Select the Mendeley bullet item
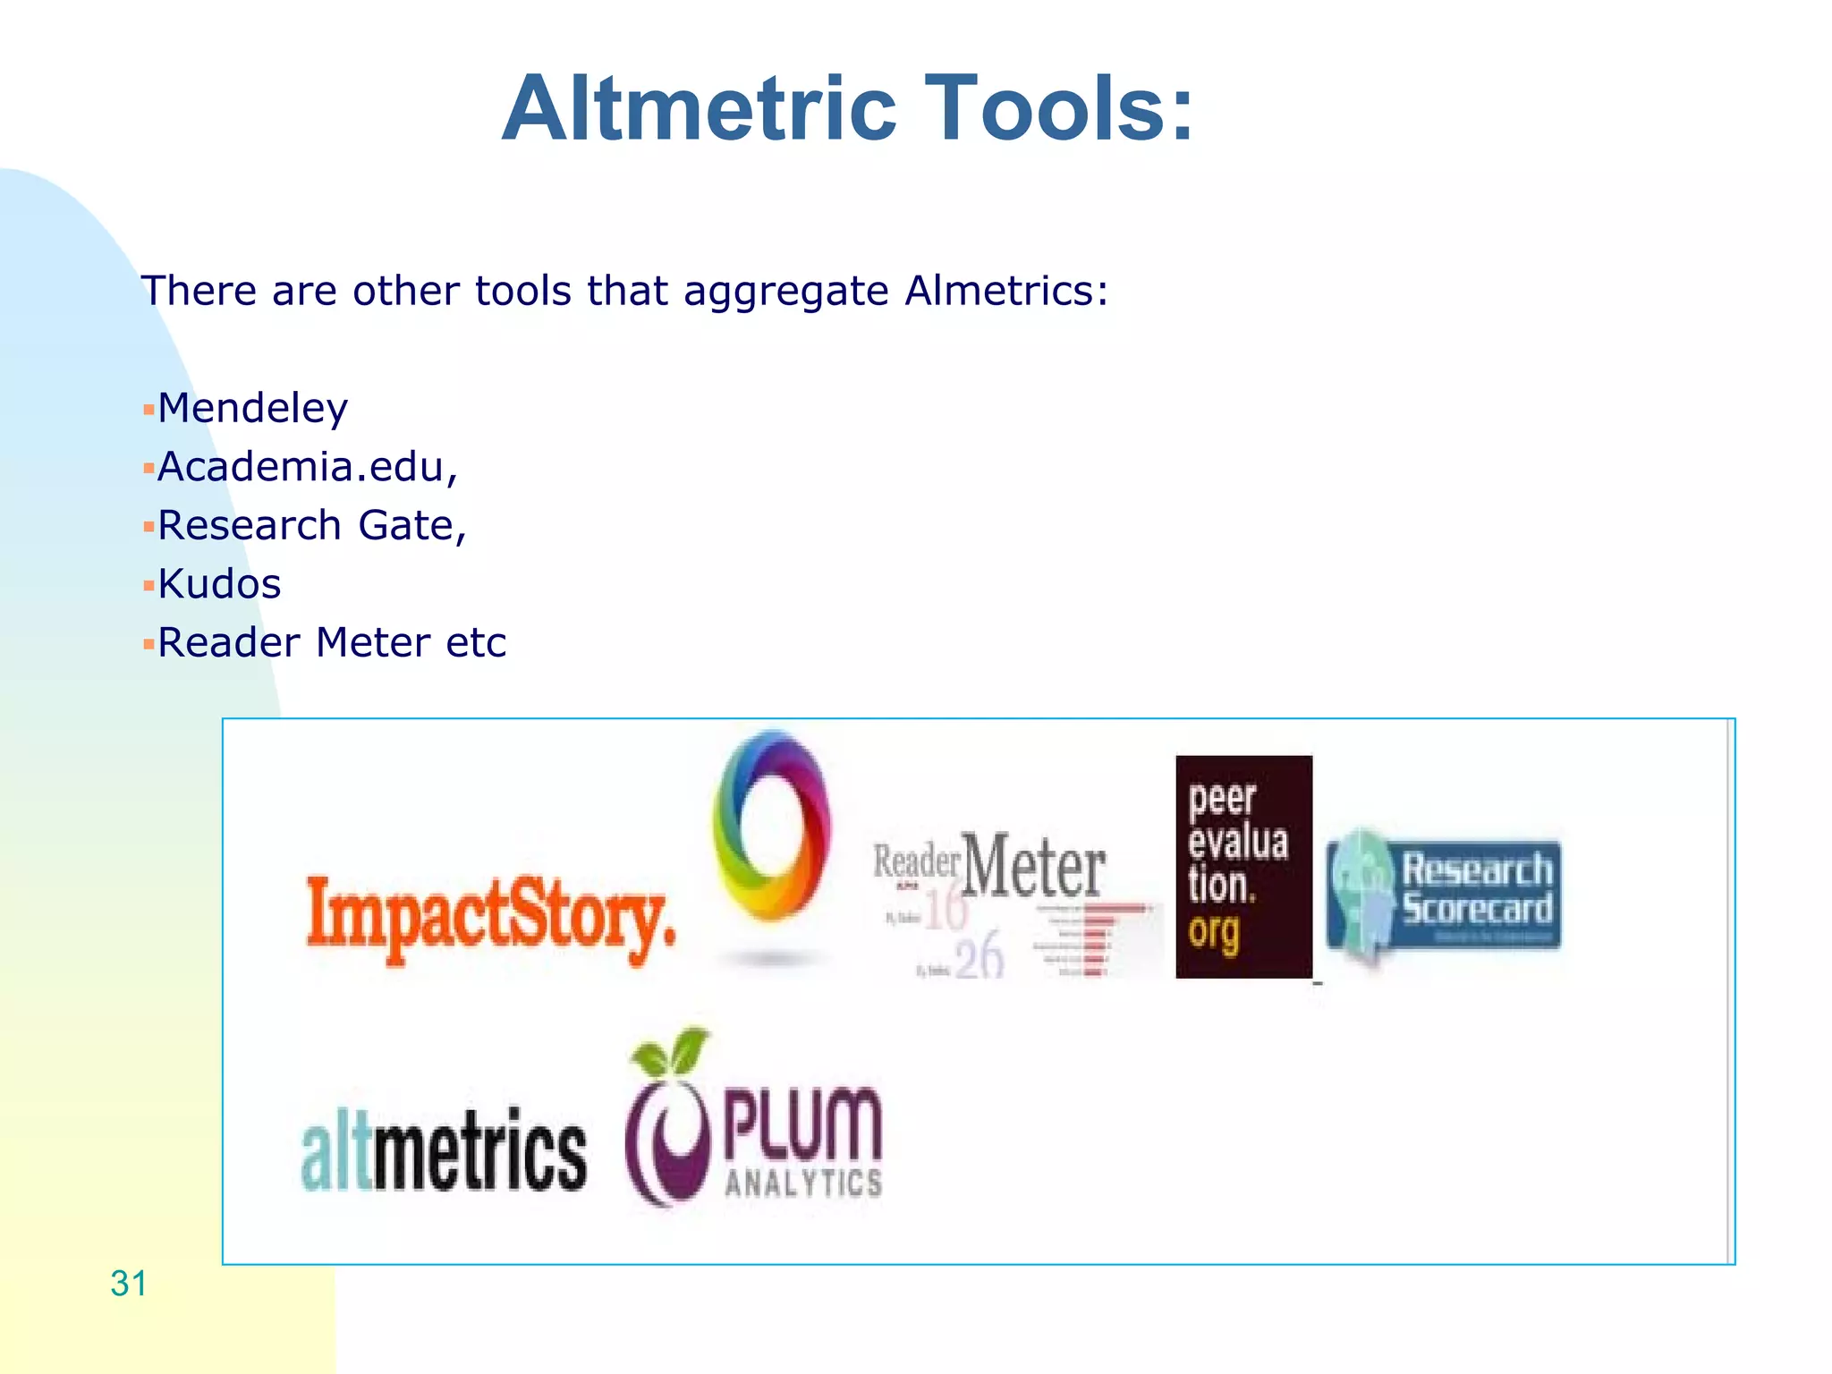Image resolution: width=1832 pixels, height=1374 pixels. (252, 409)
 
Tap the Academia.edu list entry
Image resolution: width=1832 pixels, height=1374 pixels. (307, 468)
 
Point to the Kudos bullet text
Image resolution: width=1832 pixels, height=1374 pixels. (219, 585)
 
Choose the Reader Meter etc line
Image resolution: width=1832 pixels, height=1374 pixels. (332, 643)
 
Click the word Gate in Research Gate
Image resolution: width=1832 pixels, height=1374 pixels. (411, 526)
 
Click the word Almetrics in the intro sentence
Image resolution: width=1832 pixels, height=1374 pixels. (1006, 291)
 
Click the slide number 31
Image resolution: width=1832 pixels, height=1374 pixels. (129, 1284)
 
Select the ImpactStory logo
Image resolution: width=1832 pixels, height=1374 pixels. (490, 916)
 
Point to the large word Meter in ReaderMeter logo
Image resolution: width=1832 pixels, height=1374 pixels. (1034, 866)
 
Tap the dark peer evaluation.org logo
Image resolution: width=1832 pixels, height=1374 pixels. (1243, 866)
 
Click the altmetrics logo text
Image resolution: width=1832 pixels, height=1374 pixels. (445, 1151)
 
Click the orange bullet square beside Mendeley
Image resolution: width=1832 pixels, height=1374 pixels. (148, 411)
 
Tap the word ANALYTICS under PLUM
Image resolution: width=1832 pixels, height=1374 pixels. (803, 1183)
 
